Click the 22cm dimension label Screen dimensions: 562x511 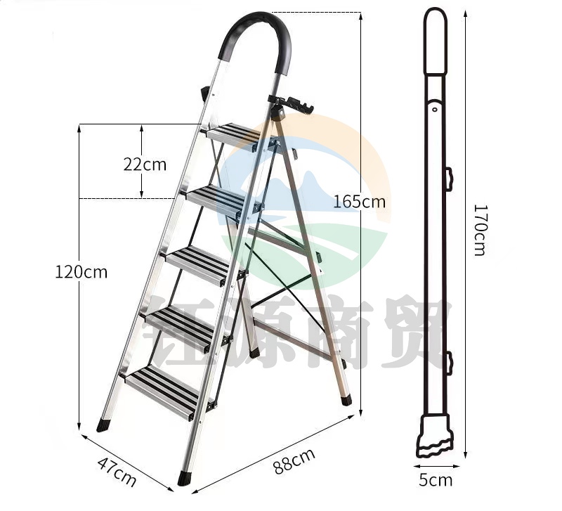[x=145, y=164]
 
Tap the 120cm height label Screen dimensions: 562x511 [x=81, y=272]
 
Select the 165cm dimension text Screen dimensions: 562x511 [x=360, y=202]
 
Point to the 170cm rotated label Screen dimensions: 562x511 [x=480, y=230]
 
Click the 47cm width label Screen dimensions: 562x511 [x=117, y=472]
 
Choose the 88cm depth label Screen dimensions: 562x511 [x=294, y=460]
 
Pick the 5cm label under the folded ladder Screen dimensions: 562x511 [x=436, y=480]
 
